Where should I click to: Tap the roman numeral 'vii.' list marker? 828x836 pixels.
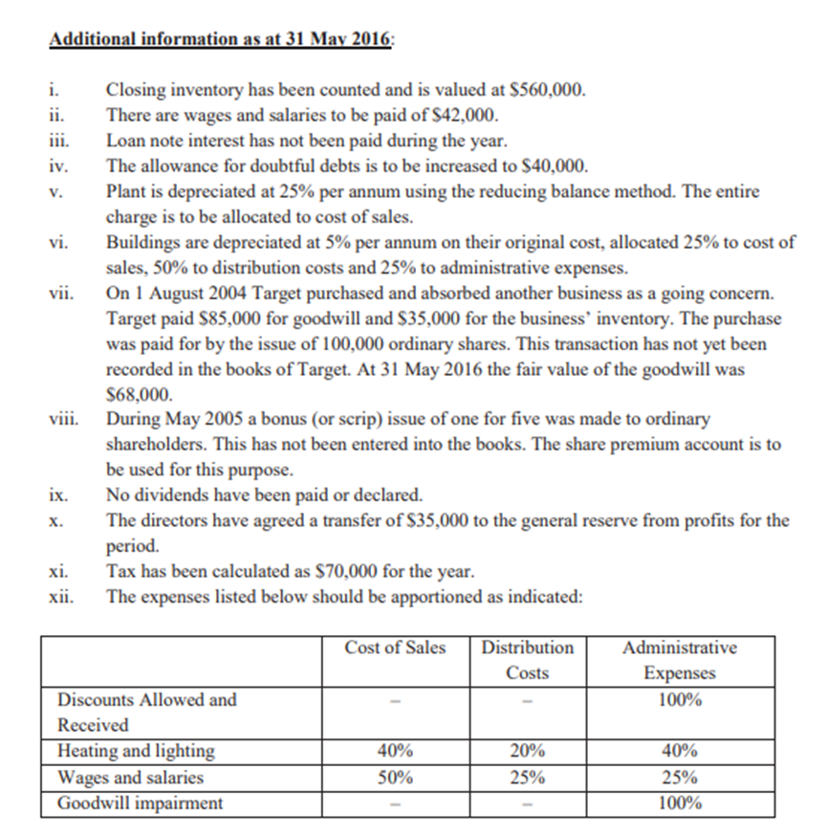pos(59,292)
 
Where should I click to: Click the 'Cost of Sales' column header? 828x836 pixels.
pos(395,648)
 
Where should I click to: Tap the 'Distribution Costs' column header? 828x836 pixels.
pos(527,660)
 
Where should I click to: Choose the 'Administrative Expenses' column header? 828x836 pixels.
pos(679,660)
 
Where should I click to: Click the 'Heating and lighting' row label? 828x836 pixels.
pos(136,751)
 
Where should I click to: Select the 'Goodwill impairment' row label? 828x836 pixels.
pos(140,803)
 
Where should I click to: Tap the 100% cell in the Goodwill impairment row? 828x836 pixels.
pos(679,803)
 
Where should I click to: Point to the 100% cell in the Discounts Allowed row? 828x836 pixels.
pos(679,699)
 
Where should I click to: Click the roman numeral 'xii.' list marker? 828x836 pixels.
pos(60,596)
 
